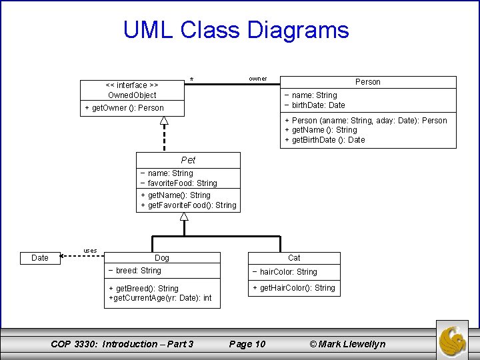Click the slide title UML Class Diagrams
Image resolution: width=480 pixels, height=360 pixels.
click(236, 30)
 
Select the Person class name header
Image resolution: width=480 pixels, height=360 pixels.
click(367, 82)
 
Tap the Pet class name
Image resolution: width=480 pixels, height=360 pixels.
click(188, 160)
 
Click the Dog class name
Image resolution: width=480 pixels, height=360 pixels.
click(162, 257)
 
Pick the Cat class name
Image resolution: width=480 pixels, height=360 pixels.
click(294, 257)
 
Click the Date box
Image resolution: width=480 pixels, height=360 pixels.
click(40, 258)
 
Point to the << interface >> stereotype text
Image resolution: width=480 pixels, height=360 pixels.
click(132, 85)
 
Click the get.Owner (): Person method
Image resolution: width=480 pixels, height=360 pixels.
click(124, 108)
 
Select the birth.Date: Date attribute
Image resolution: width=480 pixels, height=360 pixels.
click(315, 105)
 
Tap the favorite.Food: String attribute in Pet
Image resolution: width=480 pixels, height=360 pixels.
click(179, 183)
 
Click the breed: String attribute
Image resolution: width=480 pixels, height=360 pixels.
click(135, 271)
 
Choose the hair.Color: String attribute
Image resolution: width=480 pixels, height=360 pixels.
click(285, 272)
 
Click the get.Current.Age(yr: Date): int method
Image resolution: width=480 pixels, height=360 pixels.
click(160, 298)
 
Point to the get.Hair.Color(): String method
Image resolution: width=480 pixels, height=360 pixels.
click(293, 288)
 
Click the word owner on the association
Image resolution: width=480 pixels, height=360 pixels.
click(258, 79)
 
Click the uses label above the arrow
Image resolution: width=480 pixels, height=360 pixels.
click(90, 251)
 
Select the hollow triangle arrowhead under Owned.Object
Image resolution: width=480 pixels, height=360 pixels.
click(163, 120)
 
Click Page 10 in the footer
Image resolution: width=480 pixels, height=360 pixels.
click(247, 344)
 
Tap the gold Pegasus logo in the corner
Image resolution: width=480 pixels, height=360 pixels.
click(456, 339)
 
